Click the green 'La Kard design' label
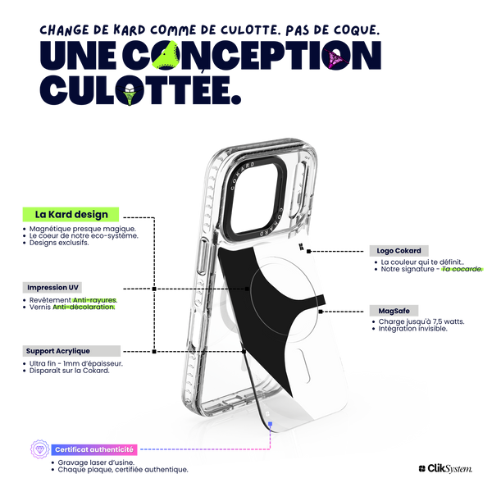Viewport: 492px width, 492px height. (71, 214)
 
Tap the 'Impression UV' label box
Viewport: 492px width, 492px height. (52, 288)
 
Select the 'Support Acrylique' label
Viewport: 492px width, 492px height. (71, 351)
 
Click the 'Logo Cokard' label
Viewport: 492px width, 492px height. (399, 251)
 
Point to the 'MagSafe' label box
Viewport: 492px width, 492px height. (394, 311)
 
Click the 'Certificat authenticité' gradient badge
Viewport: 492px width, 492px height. (94, 449)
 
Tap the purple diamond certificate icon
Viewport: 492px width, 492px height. (40, 449)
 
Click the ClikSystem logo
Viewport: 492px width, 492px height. (445, 468)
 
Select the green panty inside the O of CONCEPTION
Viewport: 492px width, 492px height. (166, 55)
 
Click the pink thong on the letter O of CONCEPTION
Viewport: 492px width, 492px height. (335, 59)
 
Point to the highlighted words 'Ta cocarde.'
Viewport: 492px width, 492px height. (462, 269)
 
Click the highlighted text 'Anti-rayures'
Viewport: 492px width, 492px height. (94, 300)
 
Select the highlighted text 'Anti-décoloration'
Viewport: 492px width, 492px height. (84, 307)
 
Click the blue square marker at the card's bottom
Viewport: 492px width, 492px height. (270, 424)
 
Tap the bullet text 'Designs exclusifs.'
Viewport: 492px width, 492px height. (59, 243)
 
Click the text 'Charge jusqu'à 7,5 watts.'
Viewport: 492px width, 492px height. (421, 321)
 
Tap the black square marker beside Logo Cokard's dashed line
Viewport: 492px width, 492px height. (309, 251)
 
